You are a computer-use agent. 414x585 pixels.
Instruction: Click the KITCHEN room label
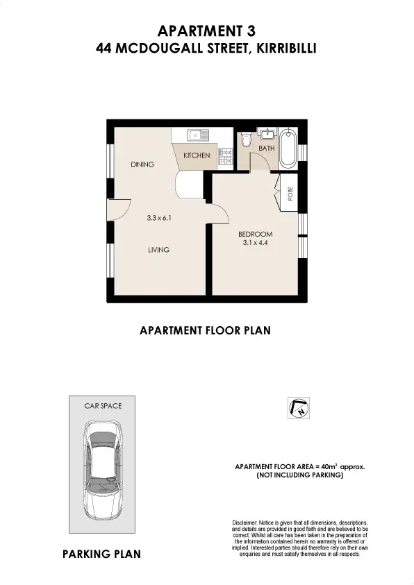(197, 155)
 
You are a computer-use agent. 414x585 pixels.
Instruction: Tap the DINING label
(142, 164)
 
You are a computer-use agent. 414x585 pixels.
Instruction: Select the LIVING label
(159, 250)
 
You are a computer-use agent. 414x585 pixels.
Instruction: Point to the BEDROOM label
(256, 234)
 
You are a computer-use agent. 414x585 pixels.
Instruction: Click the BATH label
(267, 149)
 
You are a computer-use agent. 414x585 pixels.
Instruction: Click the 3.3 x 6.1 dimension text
(159, 217)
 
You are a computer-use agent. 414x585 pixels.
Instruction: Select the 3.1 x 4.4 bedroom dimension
(256, 243)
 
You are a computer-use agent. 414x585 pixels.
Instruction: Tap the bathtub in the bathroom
(288, 147)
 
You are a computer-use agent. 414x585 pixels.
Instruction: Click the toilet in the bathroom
(245, 141)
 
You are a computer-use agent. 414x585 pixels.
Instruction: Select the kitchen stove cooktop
(224, 158)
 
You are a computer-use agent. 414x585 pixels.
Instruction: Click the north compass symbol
(297, 409)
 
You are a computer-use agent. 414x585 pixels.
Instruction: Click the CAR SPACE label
(103, 405)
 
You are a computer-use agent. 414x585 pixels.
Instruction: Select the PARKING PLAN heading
(101, 554)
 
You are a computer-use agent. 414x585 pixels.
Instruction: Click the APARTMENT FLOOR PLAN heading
(205, 331)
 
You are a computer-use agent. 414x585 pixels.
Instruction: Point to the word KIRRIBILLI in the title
(287, 49)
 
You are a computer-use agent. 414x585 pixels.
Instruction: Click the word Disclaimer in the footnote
(245, 522)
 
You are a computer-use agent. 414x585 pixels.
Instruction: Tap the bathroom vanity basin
(267, 134)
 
